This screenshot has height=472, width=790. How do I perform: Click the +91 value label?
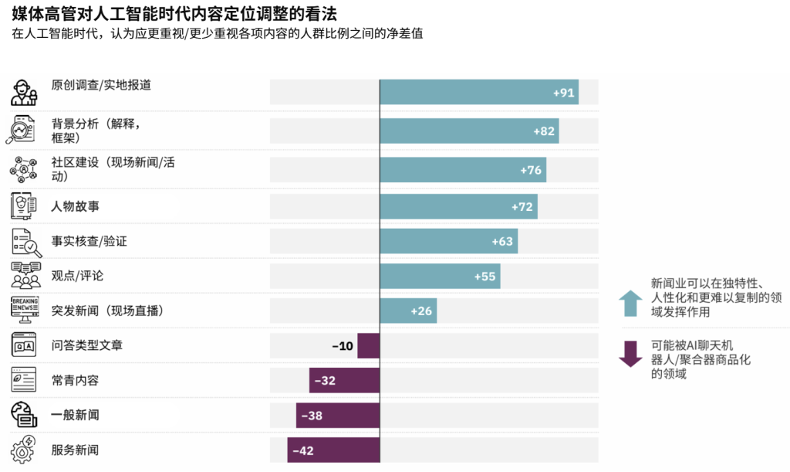tap(564, 93)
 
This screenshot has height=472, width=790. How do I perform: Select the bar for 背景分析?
tap(469, 131)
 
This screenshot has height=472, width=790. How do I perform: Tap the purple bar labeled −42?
tap(333, 450)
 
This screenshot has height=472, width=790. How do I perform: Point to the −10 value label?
tap(343, 346)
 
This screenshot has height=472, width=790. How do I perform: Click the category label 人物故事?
tap(75, 206)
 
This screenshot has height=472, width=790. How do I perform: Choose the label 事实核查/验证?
tap(89, 241)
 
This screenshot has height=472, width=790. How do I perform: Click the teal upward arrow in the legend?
tap(630, 302)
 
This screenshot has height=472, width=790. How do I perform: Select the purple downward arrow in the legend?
tap(630, 352)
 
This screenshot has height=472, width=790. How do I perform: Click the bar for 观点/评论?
tap(440, 276)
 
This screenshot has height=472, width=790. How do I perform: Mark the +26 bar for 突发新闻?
tap(408, 311)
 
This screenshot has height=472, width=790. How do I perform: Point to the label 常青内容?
tap(75, 380)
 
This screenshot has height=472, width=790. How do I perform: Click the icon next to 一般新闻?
tap(24, 415)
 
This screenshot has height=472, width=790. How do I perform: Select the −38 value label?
tap(312, 416)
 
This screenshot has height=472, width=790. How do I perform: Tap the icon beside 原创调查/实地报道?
tap(24, 92)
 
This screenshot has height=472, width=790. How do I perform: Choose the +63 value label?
tap(502, 241)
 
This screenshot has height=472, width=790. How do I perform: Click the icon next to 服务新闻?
tap(24, 450)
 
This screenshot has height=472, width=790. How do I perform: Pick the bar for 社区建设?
tap(463, 169)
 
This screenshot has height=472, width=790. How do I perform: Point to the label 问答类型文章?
tap(86, 345)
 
